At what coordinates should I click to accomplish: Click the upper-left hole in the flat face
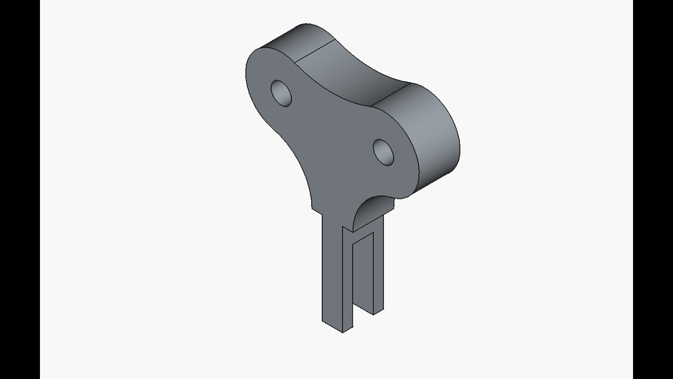point(281,93)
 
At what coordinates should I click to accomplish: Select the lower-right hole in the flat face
point(384,152)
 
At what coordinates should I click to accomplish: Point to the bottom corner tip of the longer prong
point(343,332)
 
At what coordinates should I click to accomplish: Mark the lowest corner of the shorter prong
point(373,315)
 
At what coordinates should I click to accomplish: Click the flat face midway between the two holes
point(334,126)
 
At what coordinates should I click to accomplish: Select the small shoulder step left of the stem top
point(317,210)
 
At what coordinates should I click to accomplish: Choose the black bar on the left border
point(19,189)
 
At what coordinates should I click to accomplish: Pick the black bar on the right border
point(653,189)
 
